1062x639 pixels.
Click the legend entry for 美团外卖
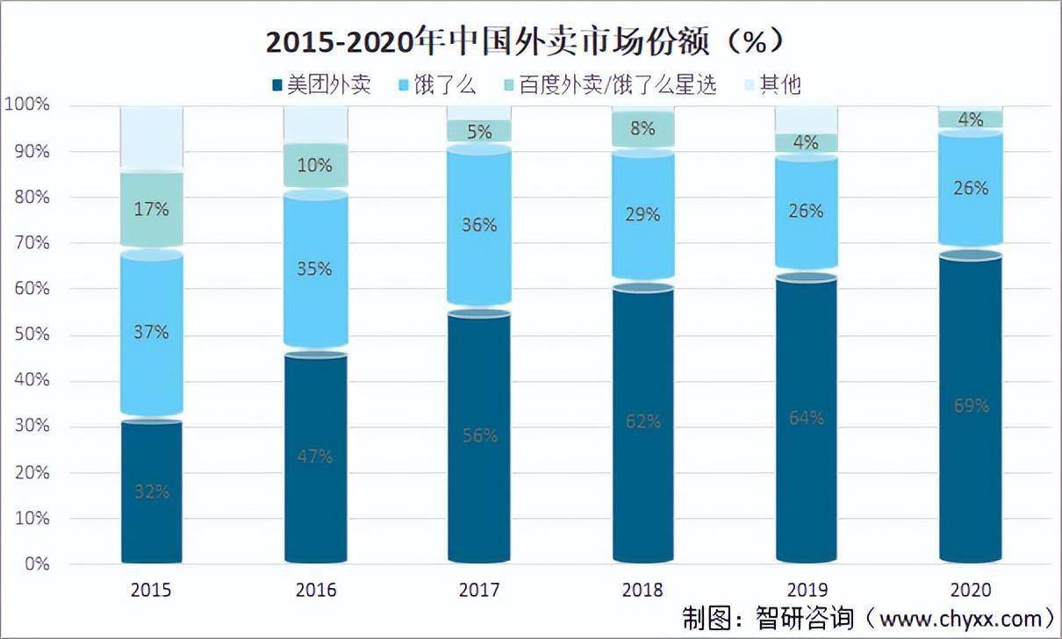[321, 84]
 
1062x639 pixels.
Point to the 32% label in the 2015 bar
[152, 492]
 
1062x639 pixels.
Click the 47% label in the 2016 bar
[314, 456]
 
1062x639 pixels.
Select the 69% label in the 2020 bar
[971, 406]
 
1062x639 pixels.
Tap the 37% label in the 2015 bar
[152, 332]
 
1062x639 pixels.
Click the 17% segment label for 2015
[152, 209]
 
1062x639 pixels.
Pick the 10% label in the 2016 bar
[314, 165]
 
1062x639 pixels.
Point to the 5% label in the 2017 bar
[479, 132]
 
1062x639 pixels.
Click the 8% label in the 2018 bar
[642, 128]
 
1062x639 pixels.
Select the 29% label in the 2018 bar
[642, 214]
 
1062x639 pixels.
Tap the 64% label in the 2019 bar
[806, 418]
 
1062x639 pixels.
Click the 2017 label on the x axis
[479, 589]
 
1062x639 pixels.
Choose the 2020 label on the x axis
[971, 589]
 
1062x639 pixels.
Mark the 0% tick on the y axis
[35, 564]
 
